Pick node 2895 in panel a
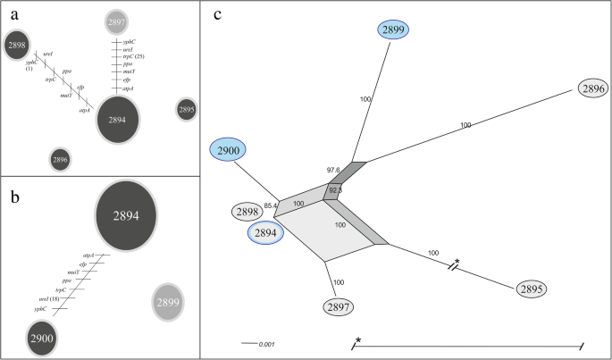[x=186, y=110]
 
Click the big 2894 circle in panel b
[x=126, y=217]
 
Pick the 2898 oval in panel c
[x=249, y=212]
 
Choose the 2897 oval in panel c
[x=340, y=306]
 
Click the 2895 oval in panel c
[x=530, y=289]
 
